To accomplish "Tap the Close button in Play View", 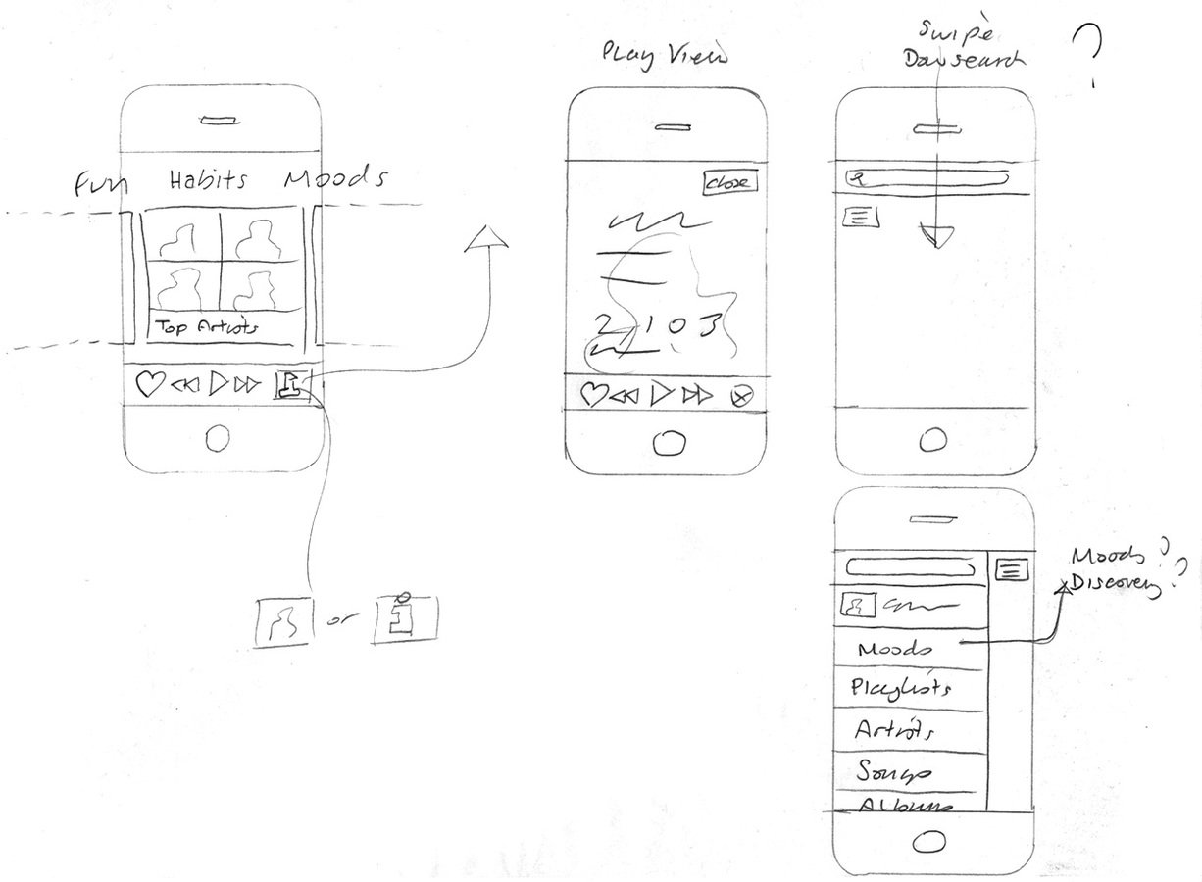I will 729,182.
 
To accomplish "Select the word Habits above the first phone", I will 207,180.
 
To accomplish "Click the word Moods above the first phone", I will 335,179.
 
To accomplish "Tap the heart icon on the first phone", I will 148,385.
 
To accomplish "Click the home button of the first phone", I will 218,438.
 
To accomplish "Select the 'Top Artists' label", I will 205,328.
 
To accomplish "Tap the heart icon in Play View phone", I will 592,394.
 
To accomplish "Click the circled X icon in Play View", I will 742,396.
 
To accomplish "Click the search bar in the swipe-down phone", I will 927,179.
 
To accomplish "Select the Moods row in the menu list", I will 894,650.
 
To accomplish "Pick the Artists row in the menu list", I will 893,731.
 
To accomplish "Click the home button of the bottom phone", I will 928,840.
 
